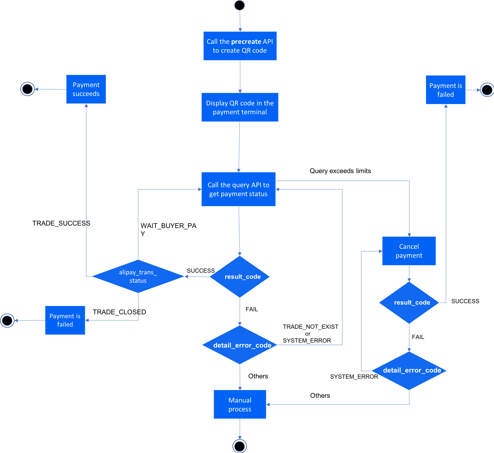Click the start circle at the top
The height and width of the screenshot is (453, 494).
[239, 5]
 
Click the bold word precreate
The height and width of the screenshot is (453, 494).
[246, 42]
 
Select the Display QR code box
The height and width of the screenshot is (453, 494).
[240, 107]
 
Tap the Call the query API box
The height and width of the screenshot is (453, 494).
[239, 189]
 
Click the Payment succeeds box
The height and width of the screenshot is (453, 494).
[86, 89]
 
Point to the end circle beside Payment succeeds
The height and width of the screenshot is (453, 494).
[27, 89]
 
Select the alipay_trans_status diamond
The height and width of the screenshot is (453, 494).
[138, 276]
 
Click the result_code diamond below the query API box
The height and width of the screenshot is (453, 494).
[240, 277]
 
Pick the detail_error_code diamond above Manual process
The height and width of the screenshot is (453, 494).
[240, 345]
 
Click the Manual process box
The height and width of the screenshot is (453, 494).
[240, 404]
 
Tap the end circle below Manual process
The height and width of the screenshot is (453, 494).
[240, 446]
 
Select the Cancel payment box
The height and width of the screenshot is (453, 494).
[409, 251]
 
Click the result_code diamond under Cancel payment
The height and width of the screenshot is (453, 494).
[409, 302]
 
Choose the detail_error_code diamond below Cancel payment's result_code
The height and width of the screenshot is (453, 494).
[409, 370]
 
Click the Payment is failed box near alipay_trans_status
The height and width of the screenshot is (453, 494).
[65, 320]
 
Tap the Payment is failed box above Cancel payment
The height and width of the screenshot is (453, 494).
[446, 90]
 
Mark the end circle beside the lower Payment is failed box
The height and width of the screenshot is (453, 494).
[7, 320]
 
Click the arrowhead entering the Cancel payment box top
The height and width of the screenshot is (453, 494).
[409, 235]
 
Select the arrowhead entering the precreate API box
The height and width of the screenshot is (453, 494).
[240, 30]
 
